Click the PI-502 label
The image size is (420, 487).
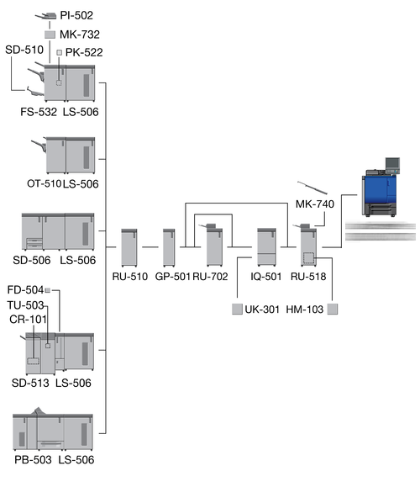pos(76,15)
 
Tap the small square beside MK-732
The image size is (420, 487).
pos(50,34)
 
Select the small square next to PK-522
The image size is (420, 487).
pos(60,52)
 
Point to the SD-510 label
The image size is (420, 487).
pos(24,50)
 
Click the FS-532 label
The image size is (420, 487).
pos(39,112)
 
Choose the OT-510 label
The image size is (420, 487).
pos(44,183)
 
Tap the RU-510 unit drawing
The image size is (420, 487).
pos(129,247)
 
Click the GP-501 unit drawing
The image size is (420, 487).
pos(169,247)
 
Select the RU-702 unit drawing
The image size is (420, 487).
pos(213,245)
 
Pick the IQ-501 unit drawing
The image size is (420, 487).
pos(266,247)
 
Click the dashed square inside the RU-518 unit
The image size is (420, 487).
pos(308,257)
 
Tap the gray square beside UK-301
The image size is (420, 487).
pos(237,309)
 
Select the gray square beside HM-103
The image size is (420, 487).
pos(333,309)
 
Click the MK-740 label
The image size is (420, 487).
pos(315,204)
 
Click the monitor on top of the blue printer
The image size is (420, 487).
pos(392,164)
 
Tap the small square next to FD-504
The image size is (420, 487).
pos(47,290)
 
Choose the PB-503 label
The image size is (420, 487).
pos(33,460)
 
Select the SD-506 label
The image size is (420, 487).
pos(32,260)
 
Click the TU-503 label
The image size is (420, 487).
pos(25,305)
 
